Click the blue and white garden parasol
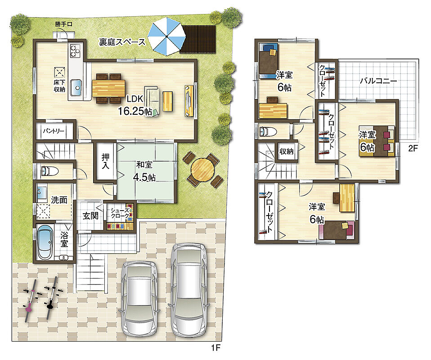[x=166, y=36]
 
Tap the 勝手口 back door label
[x=63, y=24]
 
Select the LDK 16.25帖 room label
[x=135, y=105]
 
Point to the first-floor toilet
[x=49, y=171]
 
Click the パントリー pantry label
[x=54, y=131]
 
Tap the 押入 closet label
[x=105, y=161]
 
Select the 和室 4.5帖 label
[x=144, y=171]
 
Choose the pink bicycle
[x=31, y=300]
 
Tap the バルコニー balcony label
[x=378, y=81]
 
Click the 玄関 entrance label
[x=90, y=216]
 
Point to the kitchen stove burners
[x=75, y=51]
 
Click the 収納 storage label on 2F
[x=287, y=151]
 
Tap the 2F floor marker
[x=413, y=148]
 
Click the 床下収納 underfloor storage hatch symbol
[x=59, y=72]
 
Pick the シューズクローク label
[x=120, y=213]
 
